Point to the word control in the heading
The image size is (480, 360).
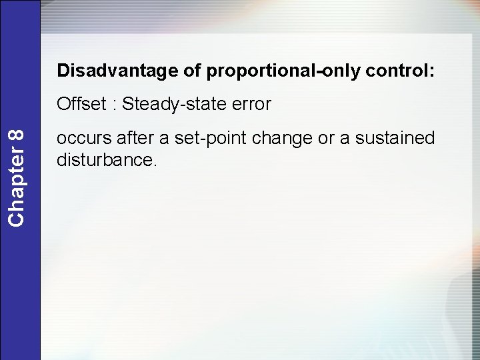tap(396, 71)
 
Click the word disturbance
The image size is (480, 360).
tap(105, 160)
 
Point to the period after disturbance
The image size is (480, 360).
tap(156, 165)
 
